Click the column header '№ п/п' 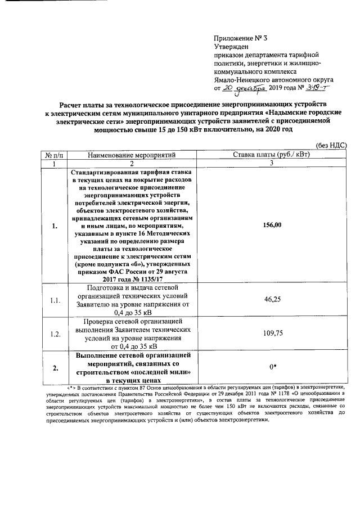[53, 154]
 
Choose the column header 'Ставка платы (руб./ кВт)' [272, 154]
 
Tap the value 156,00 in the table [272, 225]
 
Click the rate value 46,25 [272, 300]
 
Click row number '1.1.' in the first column [54, 301]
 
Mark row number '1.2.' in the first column [54, 334]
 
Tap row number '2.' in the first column [54, 368]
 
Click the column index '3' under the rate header [272, 163]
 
